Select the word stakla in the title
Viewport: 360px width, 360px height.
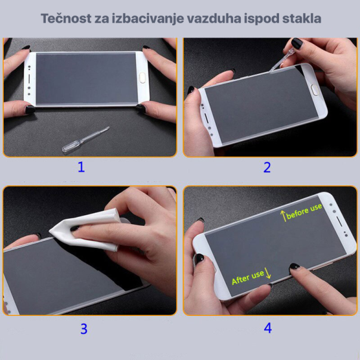point(302,18)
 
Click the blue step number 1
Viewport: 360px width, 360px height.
point(82,167)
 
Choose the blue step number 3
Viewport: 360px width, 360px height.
point(84,328)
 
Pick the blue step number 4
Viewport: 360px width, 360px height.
point(268,328)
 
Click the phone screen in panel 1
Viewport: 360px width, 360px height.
point(86,77)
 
